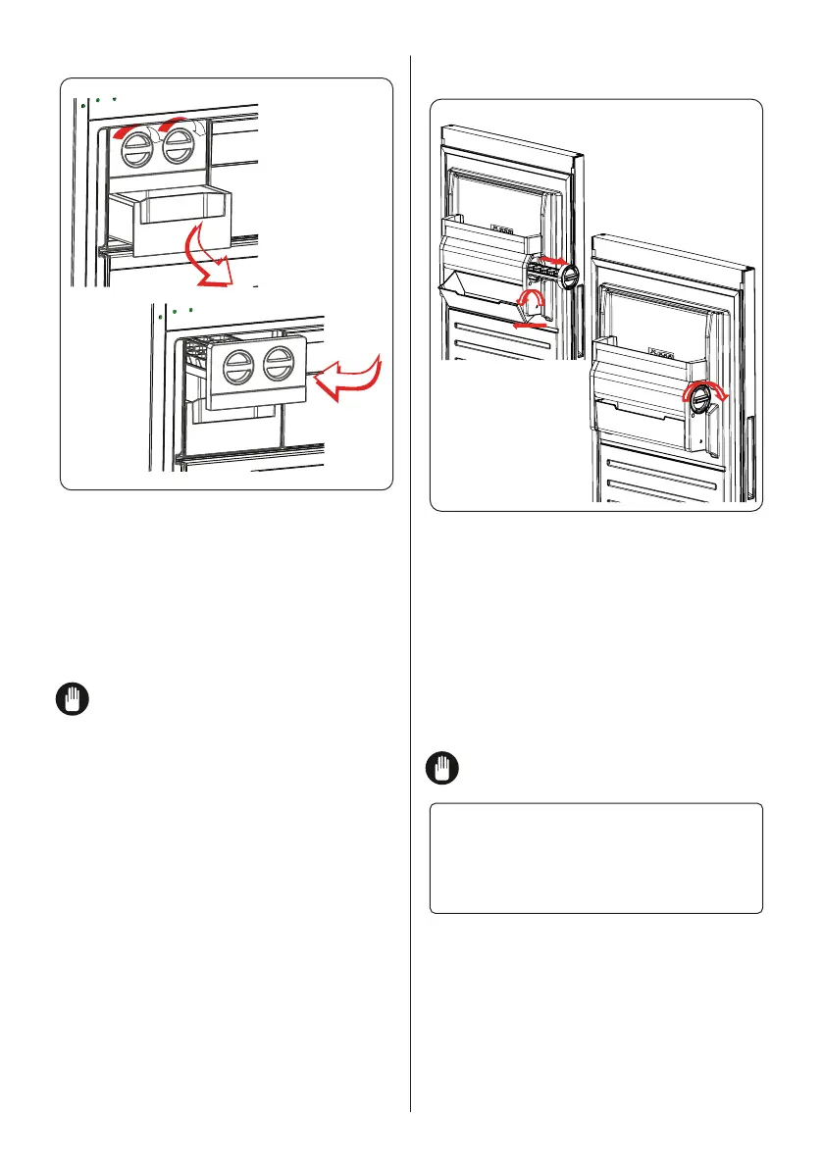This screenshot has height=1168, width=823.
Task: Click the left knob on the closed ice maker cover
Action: pyautogui.click(x=237, y=370)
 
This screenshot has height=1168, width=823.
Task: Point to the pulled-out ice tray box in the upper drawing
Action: pyautogui.click(x=173, y=221)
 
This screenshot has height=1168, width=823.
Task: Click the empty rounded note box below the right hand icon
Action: pyautogui.click(x=596, y=858)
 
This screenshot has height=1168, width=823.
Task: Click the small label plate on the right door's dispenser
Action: pyautogui.click(x=665, y=348)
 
